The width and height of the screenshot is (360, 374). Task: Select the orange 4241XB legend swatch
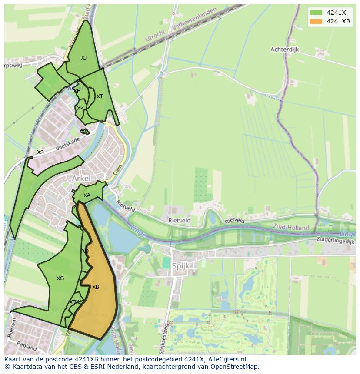[316, 21]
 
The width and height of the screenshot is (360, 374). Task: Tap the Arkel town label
[82, 179]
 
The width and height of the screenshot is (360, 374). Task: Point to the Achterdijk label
[285, 50]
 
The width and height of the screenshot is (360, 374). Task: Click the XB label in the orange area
[96, 287]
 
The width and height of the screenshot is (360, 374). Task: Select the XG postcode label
[60, 278]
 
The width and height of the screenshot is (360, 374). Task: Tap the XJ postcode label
[83, 57]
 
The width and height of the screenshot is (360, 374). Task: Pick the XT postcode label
[100, 96]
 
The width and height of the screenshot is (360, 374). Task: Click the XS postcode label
[40, 152]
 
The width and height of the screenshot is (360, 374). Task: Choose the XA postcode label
[87, 195]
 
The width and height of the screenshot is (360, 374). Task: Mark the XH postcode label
[77, 91]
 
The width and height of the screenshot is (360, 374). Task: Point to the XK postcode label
[80, 108]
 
